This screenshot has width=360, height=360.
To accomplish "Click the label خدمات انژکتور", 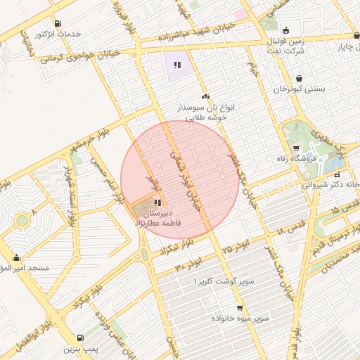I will [x=58, y=34].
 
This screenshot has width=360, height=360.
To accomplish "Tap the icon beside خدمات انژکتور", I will [x=57, y=23].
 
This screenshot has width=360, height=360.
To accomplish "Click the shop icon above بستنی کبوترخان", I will [x=300, y=78].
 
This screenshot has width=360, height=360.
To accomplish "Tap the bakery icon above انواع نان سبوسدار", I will [x=205, y=97].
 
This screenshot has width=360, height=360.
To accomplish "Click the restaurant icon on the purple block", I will [x=177, y=65].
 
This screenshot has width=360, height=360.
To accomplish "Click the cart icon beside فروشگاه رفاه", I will [x=296, y=148].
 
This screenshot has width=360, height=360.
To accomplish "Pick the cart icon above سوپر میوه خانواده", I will [x=240, y=308].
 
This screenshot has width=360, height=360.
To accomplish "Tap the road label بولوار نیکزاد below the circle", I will [x=176, y=249].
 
